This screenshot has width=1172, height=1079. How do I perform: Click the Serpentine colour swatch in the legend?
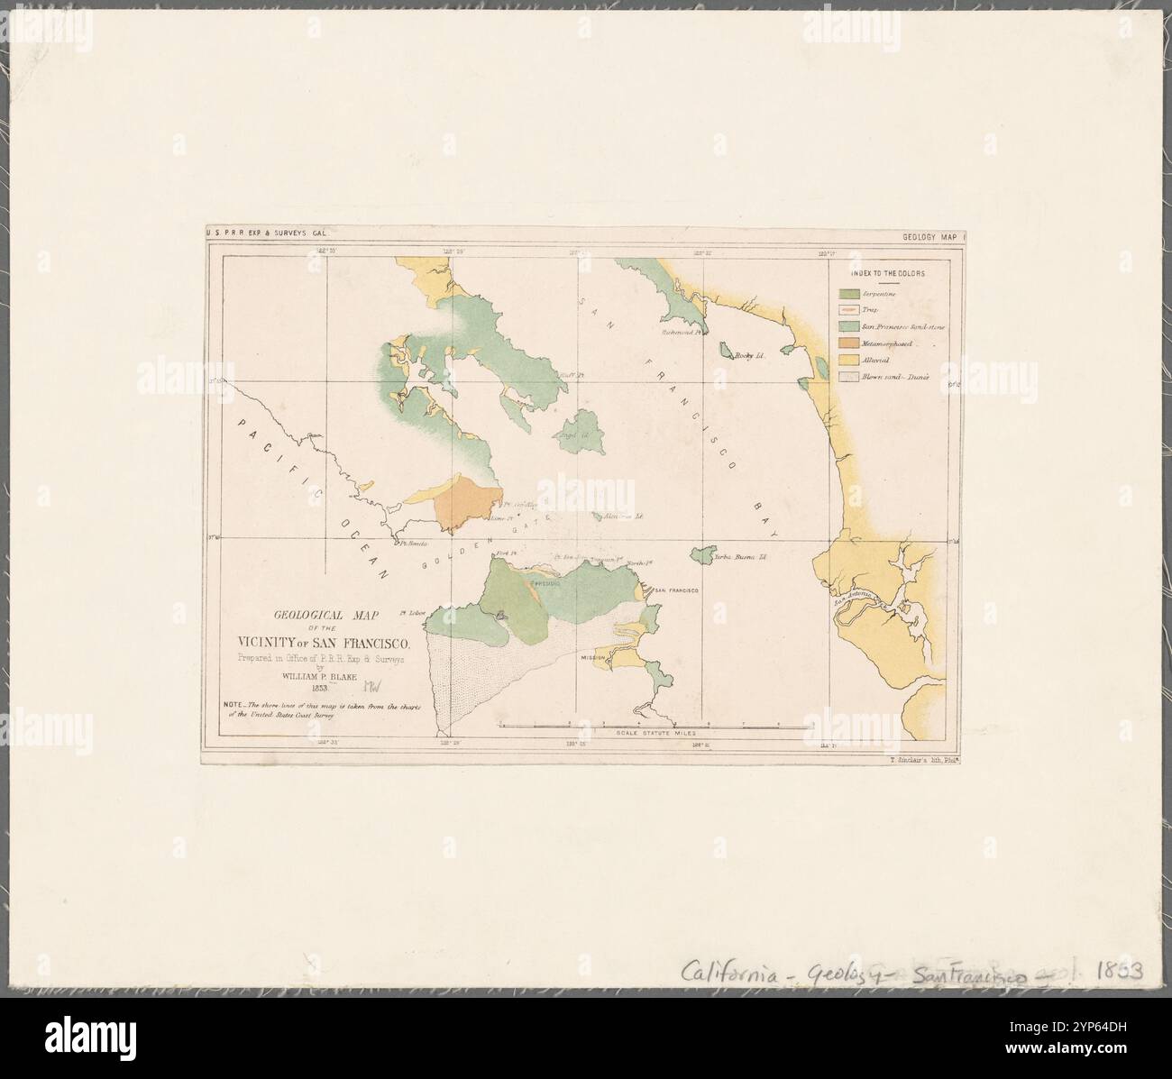[849, 294]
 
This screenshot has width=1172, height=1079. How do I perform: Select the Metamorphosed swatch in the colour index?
[849, 343]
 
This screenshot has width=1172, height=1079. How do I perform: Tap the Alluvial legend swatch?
[849, 360]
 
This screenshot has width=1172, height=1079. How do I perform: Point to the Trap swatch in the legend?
[849, 310]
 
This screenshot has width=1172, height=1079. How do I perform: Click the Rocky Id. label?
[749, 356]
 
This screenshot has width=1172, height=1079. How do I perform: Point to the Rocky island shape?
[724, 349]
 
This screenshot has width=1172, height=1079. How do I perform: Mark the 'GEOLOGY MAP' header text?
[932, 238]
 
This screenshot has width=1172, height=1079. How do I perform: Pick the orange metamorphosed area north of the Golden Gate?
[466, 506]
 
